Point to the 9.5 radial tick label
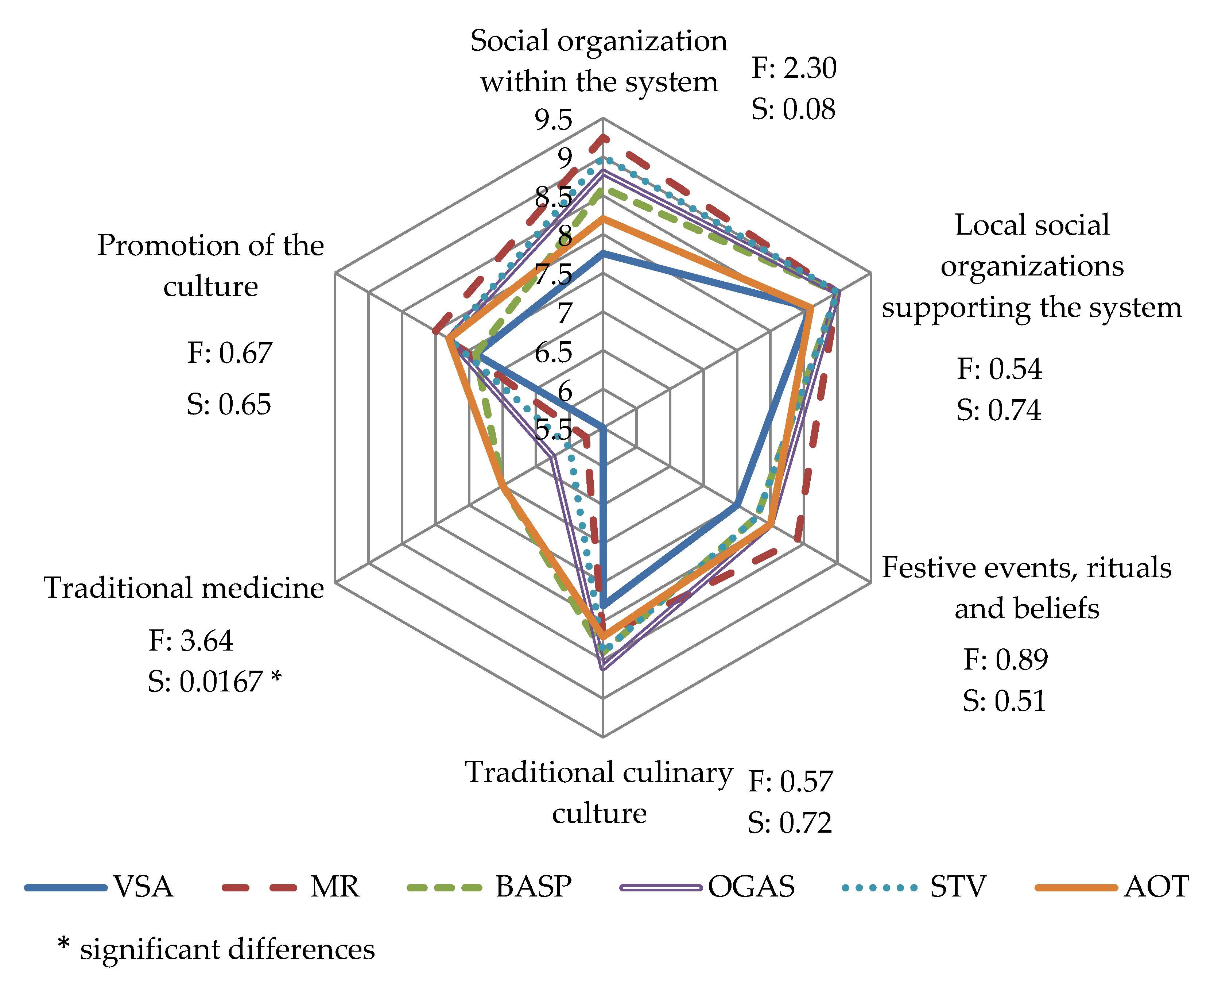click(x=553, y=120)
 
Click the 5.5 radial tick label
click(x=553, y=429)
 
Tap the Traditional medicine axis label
click(x=184, y=588)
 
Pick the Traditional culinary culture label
click(x=599, y=793)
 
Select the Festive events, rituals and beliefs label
click(x=1027, y=588)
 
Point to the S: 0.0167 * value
click(x=214, y=682)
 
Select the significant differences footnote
click(x=217, y=949)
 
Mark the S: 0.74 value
click(x=998, y=410)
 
